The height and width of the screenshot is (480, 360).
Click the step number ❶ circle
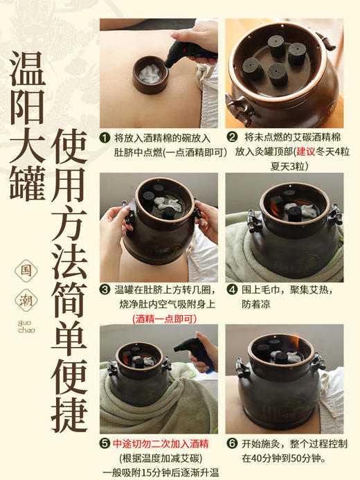[105, 138]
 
